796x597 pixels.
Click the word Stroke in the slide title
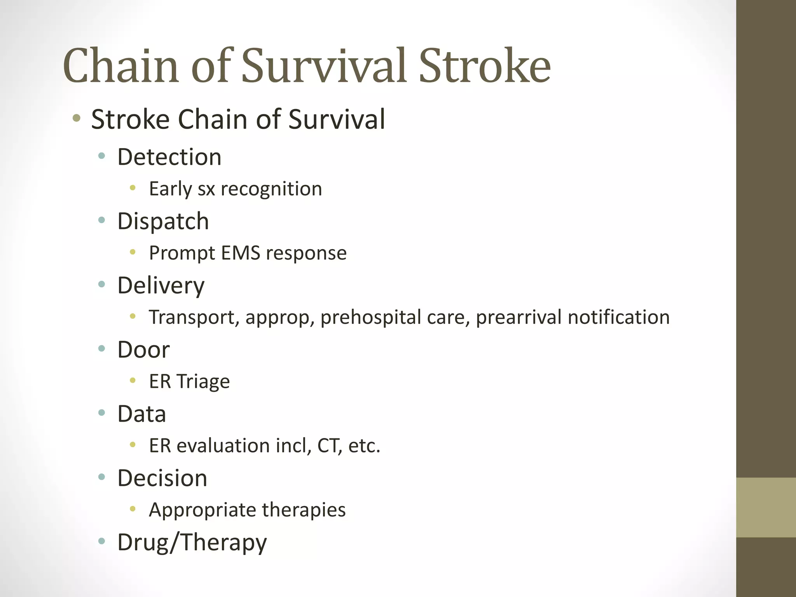(484, 66)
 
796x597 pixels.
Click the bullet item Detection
(169, 157)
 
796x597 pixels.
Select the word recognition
(271, 189)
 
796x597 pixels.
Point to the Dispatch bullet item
(163, 221)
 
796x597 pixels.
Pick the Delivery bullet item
(161, 286)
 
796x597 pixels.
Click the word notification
(619, 317)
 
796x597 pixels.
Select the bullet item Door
(143, 350)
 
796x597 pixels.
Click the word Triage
(203, 382)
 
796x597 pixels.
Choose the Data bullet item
(141, 414)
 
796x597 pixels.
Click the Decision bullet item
(162, 478)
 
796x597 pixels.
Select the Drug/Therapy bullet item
(192, 543)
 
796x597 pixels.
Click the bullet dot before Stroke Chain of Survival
(77, 118)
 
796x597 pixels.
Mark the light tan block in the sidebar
(766, 507)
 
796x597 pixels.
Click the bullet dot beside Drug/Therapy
(102, 541)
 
